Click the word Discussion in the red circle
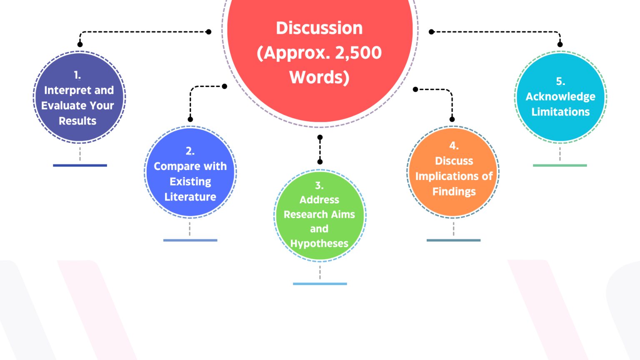(319, 28)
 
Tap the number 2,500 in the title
(358, 53)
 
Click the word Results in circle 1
(77, 121)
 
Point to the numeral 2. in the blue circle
(190, 151)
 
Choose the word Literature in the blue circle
(190, 197)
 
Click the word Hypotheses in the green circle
(319, 243)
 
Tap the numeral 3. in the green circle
(319, 185)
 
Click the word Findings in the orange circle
(454, 192)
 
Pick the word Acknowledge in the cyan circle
(560, 97)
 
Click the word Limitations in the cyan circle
(560, 112)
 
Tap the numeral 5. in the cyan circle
(560, 81)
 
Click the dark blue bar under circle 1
(80, 165)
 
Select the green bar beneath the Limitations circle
(560, 165)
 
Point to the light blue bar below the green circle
(320, 284)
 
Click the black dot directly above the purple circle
(80, 45)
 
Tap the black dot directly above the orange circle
(452, 120)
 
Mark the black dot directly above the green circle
(320, 162)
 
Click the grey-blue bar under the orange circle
(453, 240)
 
